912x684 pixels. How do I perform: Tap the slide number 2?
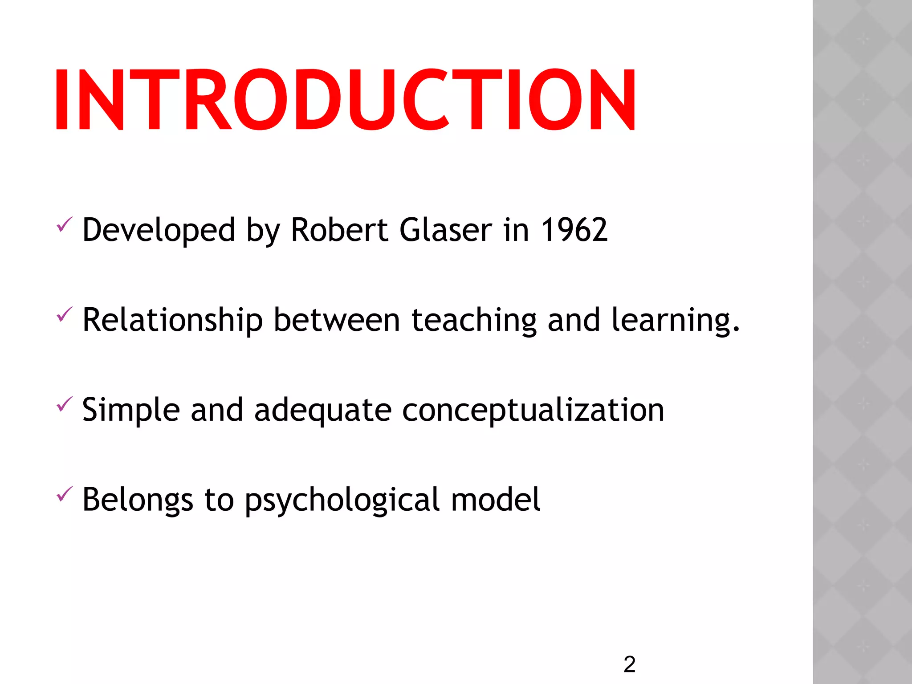629,664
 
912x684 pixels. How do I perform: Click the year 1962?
574,230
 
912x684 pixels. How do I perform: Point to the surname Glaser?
446,230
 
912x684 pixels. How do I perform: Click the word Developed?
159,231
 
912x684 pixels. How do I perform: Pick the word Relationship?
173,321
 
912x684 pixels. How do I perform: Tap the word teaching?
474,321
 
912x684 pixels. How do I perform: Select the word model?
496,500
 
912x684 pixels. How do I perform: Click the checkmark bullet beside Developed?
64,224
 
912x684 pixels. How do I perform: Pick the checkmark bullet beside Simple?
64,404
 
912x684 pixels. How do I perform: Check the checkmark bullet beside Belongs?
64,494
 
